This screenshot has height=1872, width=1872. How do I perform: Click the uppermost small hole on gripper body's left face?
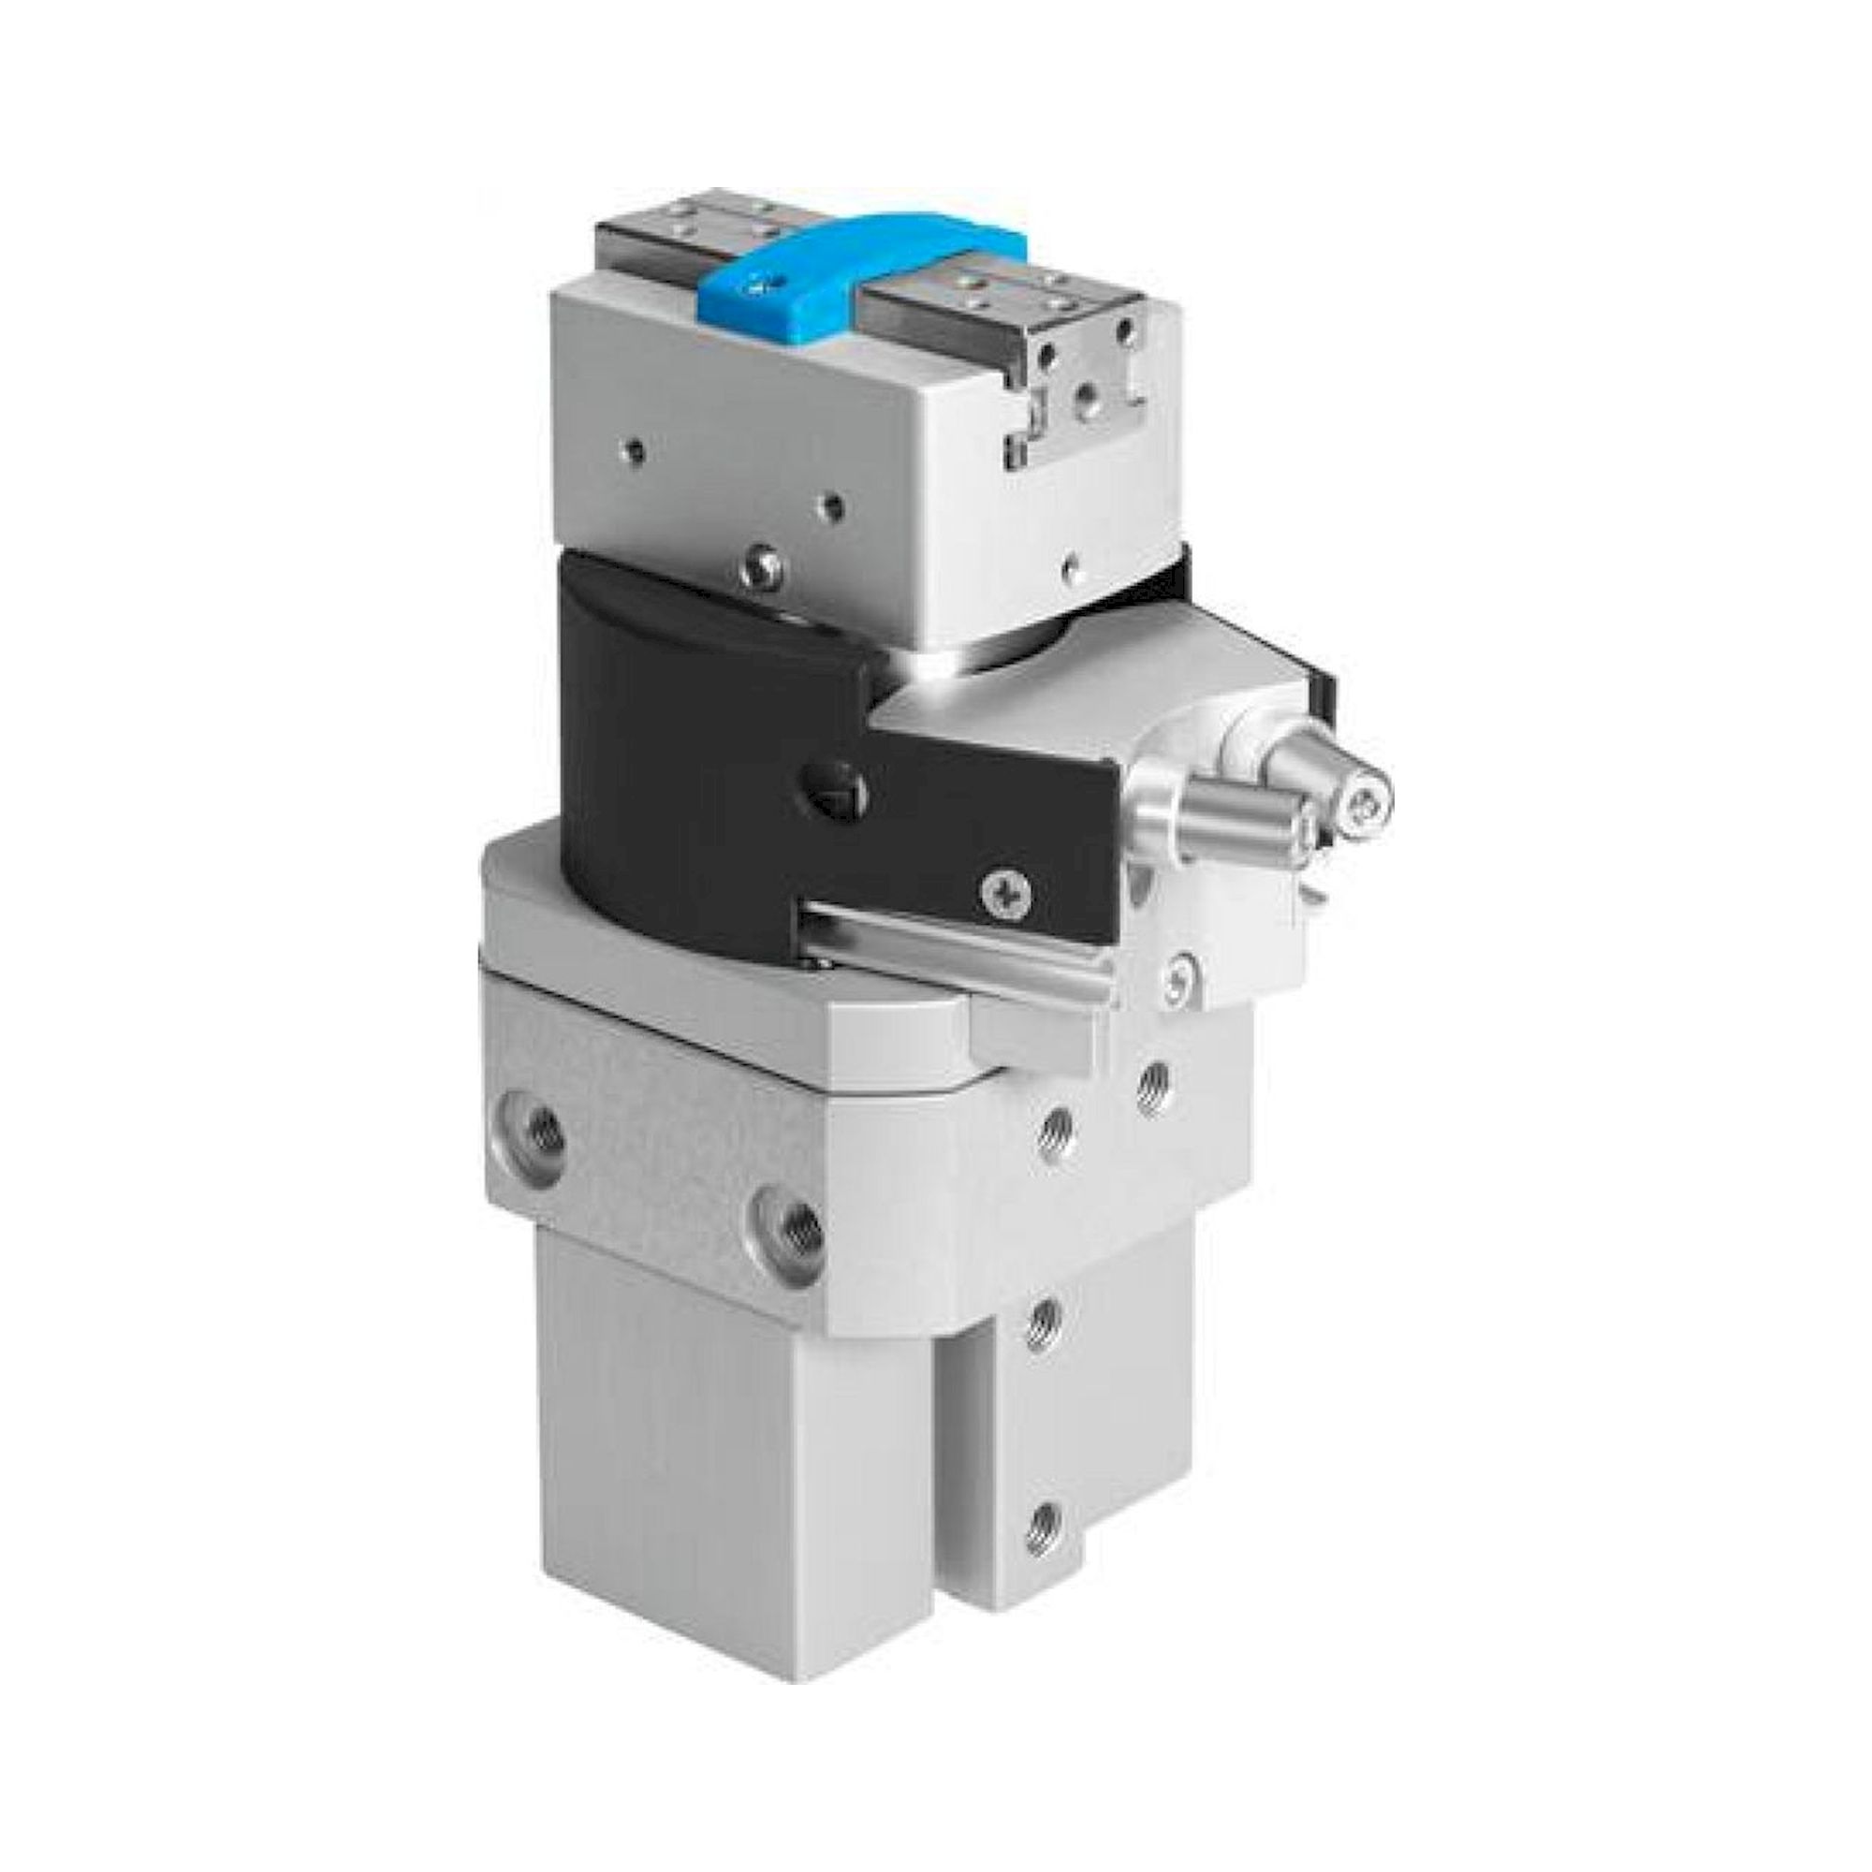coord(635,449)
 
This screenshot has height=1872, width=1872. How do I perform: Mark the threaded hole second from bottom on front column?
coord(1045,1320)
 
